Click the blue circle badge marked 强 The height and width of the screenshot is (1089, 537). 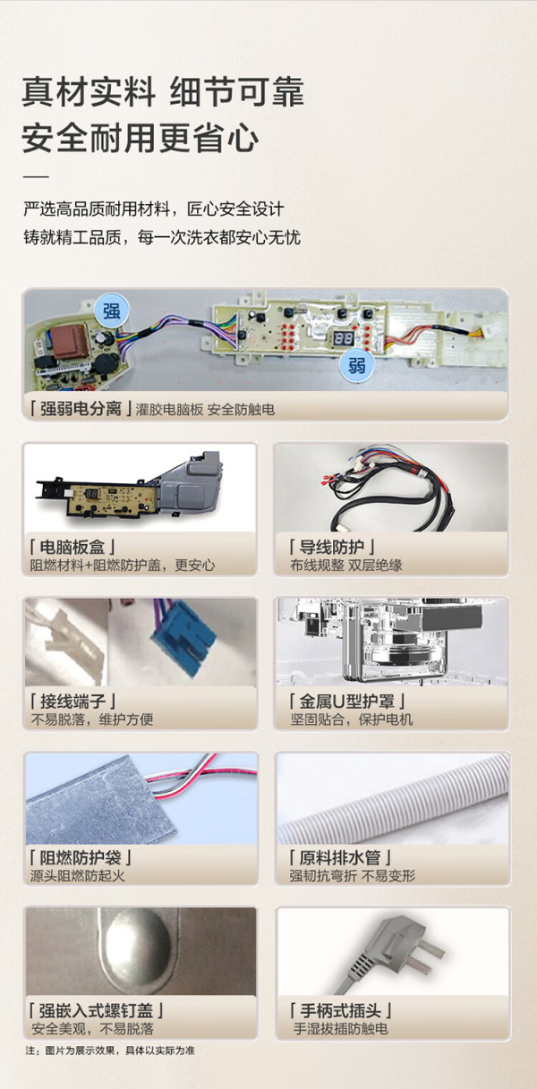pos(111,311)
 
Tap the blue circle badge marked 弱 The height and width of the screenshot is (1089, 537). pos(356,364)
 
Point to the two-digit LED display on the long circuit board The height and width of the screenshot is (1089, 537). pos(344,338)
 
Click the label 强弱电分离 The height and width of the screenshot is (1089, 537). pos(81,408)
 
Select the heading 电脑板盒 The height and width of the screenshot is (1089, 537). pos(72,547)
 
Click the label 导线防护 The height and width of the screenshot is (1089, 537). pos(332,547)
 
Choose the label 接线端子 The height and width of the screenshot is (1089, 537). pos(72,701)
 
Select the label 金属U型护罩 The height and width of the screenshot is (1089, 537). pos(347,701)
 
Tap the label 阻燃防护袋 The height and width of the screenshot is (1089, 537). pos(81,857)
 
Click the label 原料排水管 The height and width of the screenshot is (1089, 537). pos(339,857)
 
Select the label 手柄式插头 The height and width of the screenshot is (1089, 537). pos(339,1011)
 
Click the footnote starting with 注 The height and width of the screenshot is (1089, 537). pos(110,1051)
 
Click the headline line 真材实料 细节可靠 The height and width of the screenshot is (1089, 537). pos(163,91)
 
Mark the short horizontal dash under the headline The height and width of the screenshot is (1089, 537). pos(36,176)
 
